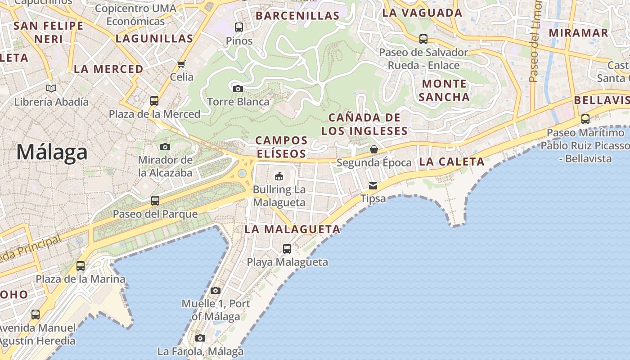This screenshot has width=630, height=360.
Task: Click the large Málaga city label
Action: pyautogui.click(x=52, y=153)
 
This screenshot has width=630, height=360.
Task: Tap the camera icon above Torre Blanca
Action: pyautogui.click(x=238, y=89)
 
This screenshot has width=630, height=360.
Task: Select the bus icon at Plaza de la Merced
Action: pyautogui.click(x=154, y=100)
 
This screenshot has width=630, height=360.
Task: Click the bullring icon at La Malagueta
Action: pyautogui.click(x=279, y=175)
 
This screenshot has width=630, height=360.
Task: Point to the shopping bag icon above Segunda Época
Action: pyautogui.click(x=373, y=149)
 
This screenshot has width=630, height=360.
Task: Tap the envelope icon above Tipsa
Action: pyautogui.click(x=373, y=185)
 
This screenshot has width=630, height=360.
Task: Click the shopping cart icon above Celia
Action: pyautogui.click(x=181, y=64)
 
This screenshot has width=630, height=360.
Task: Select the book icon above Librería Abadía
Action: pyautogui.click(x=51, y=89)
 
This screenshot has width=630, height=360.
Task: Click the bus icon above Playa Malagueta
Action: pyautogui.click(x=287, y=248)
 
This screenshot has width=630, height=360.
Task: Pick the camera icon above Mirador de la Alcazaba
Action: pyautogui.click(x=165, y=147)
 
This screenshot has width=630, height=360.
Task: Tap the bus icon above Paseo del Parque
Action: pyautogui.click(x=155, y=201)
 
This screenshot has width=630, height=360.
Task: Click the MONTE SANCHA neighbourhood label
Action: pyautogui.click(x=444, y=90)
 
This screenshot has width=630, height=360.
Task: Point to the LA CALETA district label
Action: pyautogui.click(x=451, y=162)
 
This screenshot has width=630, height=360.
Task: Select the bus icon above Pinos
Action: pyautogui.click(x=239, y=27)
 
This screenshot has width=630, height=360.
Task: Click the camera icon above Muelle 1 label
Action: pyautogui.click(x=216, y=290)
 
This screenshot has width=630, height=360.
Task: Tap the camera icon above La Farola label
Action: pyautogui.click(x=200, y=338)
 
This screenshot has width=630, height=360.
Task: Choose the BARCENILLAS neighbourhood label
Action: pyautogui.click(x=297, y=16)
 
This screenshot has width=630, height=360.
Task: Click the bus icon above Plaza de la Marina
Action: pyautogui.click(x=81, y=266)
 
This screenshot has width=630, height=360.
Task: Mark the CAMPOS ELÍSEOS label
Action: pyautogui.click(x=282, y=147)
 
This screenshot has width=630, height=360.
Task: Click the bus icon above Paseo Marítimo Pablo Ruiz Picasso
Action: pyautogui.click(x=585, y=119)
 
